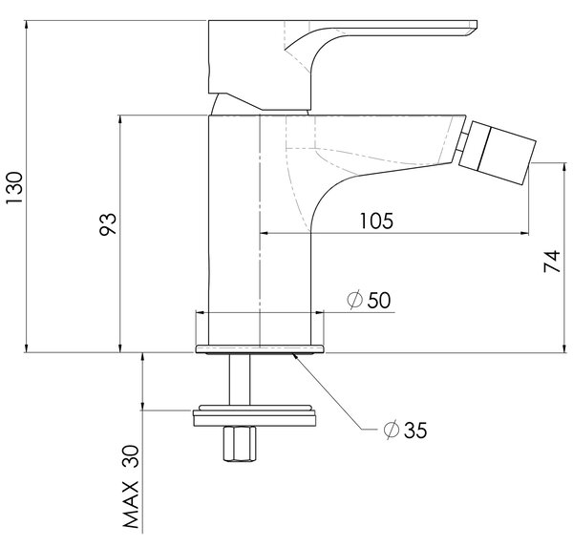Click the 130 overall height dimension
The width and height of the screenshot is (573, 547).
(14, 188)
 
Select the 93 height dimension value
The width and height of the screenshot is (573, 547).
(108, 223)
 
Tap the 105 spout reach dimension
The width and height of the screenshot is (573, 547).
(377, 221)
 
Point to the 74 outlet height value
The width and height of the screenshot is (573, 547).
(552, 261)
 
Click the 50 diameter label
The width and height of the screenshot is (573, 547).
(379, 300)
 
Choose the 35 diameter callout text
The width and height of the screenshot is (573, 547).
(415, 431)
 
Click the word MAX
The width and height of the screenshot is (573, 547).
(131, 505)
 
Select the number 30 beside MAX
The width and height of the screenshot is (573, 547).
(131, 455)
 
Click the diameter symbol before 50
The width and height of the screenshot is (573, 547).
(354, 300)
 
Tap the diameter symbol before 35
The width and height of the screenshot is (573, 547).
(391, 431)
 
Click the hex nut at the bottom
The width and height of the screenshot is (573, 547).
(240, 444)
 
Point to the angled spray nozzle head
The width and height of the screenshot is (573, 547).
(498, 153)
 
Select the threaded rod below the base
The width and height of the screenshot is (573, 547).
(240, 379)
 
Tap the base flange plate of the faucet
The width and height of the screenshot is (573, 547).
(260, 349)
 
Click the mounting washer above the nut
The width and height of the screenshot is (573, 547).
(254, 415)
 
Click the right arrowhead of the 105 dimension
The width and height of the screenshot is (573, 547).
(524, 232)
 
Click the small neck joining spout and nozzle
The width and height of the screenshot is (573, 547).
(461, 142)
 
